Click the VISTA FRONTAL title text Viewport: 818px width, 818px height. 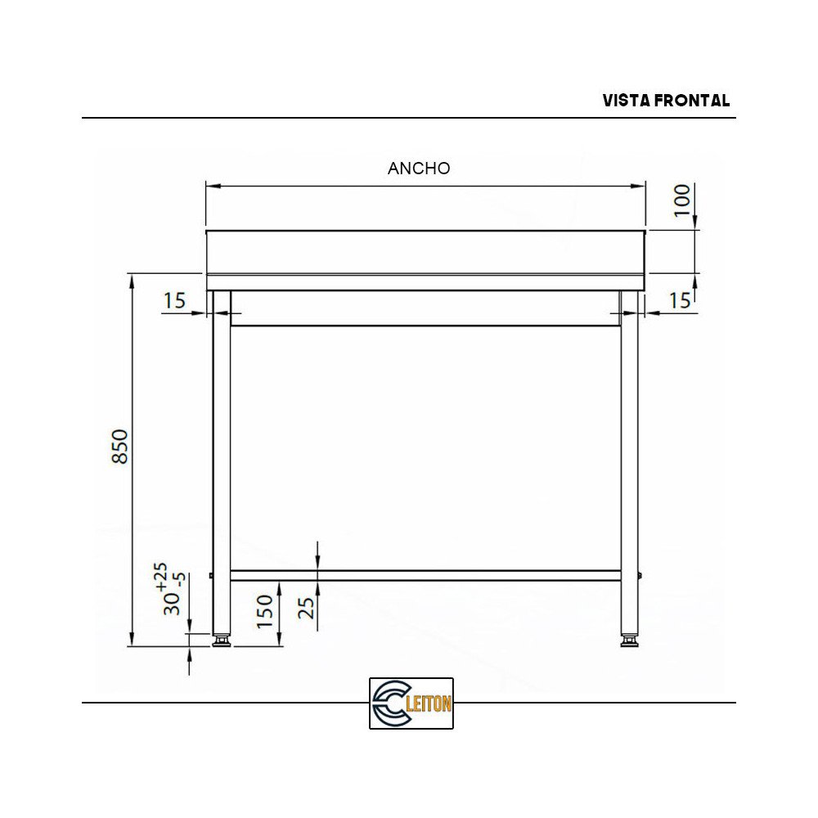(666, 101)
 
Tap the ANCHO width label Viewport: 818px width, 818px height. (419, 169)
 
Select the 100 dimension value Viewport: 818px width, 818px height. (682, 200)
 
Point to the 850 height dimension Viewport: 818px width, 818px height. (120, 446)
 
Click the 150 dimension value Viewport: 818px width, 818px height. (265, 611)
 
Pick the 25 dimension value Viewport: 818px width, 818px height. (305, 607)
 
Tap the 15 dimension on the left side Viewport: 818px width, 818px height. (174, 301)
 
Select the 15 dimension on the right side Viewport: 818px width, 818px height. (680, 301)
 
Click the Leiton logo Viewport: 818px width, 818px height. (411, 703)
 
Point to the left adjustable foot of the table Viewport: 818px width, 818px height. (221, 640)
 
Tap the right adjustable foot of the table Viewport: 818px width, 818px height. (629, 640)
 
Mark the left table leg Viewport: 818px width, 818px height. (221, 458)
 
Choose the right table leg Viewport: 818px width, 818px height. (629, 458)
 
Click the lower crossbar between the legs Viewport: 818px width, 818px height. (425, 575)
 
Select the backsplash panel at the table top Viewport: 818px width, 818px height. (425, 252)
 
